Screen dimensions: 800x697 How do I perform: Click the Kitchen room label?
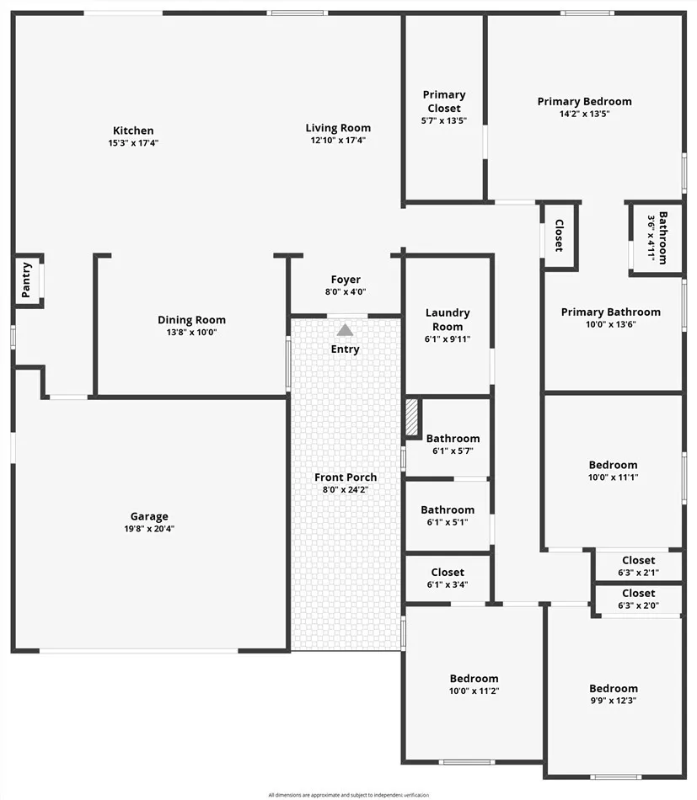133,131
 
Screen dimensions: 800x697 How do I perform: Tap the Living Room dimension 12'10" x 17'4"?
338,141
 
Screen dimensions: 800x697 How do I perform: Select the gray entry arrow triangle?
345,330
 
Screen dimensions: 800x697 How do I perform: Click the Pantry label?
27,280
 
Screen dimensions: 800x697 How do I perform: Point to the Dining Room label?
191,320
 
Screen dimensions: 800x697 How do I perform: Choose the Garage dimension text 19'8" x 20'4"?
149,529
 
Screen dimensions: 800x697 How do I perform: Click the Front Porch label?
346,477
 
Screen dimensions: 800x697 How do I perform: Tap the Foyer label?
346,280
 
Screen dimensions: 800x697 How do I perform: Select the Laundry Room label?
448,319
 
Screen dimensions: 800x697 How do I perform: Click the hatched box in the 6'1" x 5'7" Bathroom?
412,418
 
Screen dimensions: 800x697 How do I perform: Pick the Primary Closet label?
444,101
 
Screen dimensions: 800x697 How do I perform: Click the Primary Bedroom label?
584,102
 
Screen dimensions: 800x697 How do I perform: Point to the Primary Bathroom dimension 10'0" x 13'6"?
611,324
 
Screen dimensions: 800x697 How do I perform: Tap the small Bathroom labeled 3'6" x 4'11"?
657,238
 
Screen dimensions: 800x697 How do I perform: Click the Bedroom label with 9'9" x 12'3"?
614,688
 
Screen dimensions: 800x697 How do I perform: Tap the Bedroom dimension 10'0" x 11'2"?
474,691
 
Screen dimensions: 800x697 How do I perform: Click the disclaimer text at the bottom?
348,794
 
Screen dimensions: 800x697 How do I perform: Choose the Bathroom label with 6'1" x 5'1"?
448,509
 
